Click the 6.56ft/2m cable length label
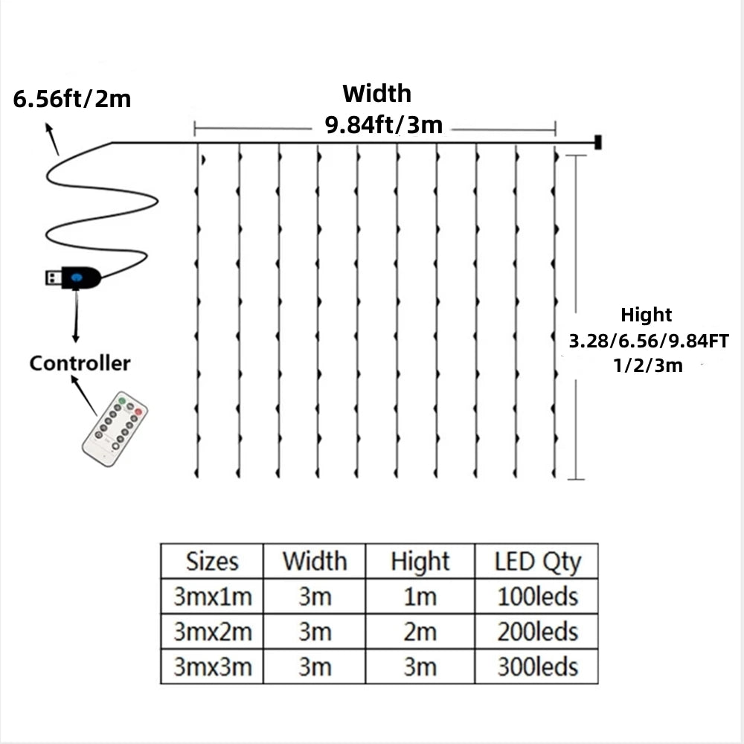tap(72, 98)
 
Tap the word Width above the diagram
tap(376, 94)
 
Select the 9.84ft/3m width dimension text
tap(383, 125)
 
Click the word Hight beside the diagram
tap(646, 315)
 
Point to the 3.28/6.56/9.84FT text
tap(648, 341)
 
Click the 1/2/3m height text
tap(646, 365)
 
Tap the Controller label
tap(80, 363)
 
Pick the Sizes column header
tap(212, 561)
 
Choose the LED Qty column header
tap(537, 561)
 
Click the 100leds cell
tap(537, 596)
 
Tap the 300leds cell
tap(537, 666)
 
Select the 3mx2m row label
tap(212, 632)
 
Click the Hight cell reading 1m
tap(420, 596)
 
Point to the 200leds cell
tap(537, 632)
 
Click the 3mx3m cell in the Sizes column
tap(212, 666)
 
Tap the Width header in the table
tap(314, 561)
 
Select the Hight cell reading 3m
tap(420, 666)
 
